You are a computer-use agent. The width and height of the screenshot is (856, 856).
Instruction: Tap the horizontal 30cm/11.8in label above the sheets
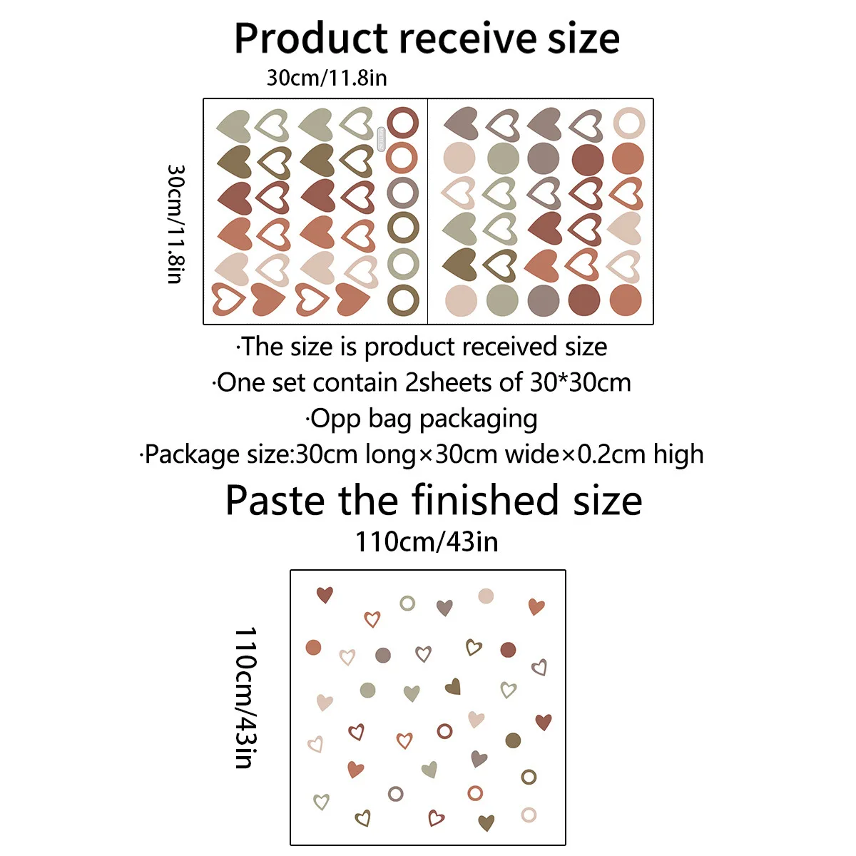(x=327, y=77)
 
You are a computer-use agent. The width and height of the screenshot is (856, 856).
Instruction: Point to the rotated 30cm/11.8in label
(x=176, y=224)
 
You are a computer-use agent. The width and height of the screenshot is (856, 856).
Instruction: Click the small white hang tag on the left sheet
(x=381, y=139)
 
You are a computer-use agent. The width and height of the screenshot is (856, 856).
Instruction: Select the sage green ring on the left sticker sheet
(x=402, y=264)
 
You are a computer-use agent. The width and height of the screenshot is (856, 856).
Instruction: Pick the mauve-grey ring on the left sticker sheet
(x=402, y=193)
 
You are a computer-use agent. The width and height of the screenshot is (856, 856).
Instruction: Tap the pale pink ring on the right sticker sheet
(x=628, y=123)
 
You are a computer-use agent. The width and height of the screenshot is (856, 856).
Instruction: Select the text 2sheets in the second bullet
(x=449, y=382)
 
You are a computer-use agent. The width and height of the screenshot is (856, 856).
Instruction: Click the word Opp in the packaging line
(x=336, y=419)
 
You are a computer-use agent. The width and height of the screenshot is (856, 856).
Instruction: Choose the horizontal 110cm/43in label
(x=427, y=542)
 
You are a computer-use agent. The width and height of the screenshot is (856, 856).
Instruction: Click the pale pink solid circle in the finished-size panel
(x=486, y=596)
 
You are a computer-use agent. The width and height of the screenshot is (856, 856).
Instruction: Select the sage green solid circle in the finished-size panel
(x=367, y=690)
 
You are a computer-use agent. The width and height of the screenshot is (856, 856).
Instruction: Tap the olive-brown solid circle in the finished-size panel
(x=513, y=740)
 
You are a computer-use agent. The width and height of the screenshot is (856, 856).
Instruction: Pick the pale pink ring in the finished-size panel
(x=529, y=815)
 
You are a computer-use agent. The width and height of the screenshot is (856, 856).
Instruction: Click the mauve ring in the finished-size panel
(x=396, y=793)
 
